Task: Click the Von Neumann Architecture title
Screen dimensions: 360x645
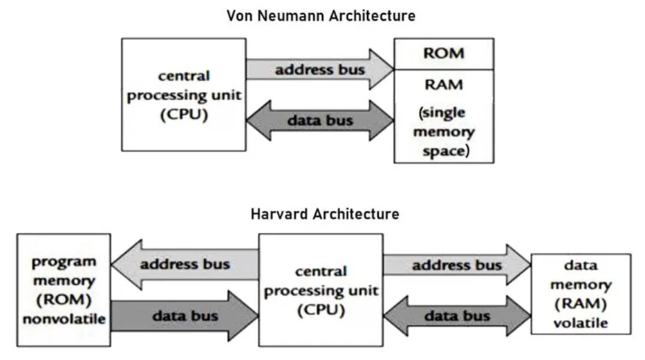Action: point(321,15)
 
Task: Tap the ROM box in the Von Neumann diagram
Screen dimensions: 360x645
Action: point(443,53)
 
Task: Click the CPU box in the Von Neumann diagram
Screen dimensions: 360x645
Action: point(183,95)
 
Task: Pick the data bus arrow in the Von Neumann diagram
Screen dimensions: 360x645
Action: point(320,120)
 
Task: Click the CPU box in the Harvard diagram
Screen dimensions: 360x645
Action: point(320,290)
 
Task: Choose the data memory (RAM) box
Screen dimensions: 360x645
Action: point(580,294)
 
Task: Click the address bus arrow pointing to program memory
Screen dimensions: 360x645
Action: point(183,265)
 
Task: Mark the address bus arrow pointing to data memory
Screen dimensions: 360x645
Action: point(456,265)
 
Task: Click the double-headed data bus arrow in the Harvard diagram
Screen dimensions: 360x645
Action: point(456,316)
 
